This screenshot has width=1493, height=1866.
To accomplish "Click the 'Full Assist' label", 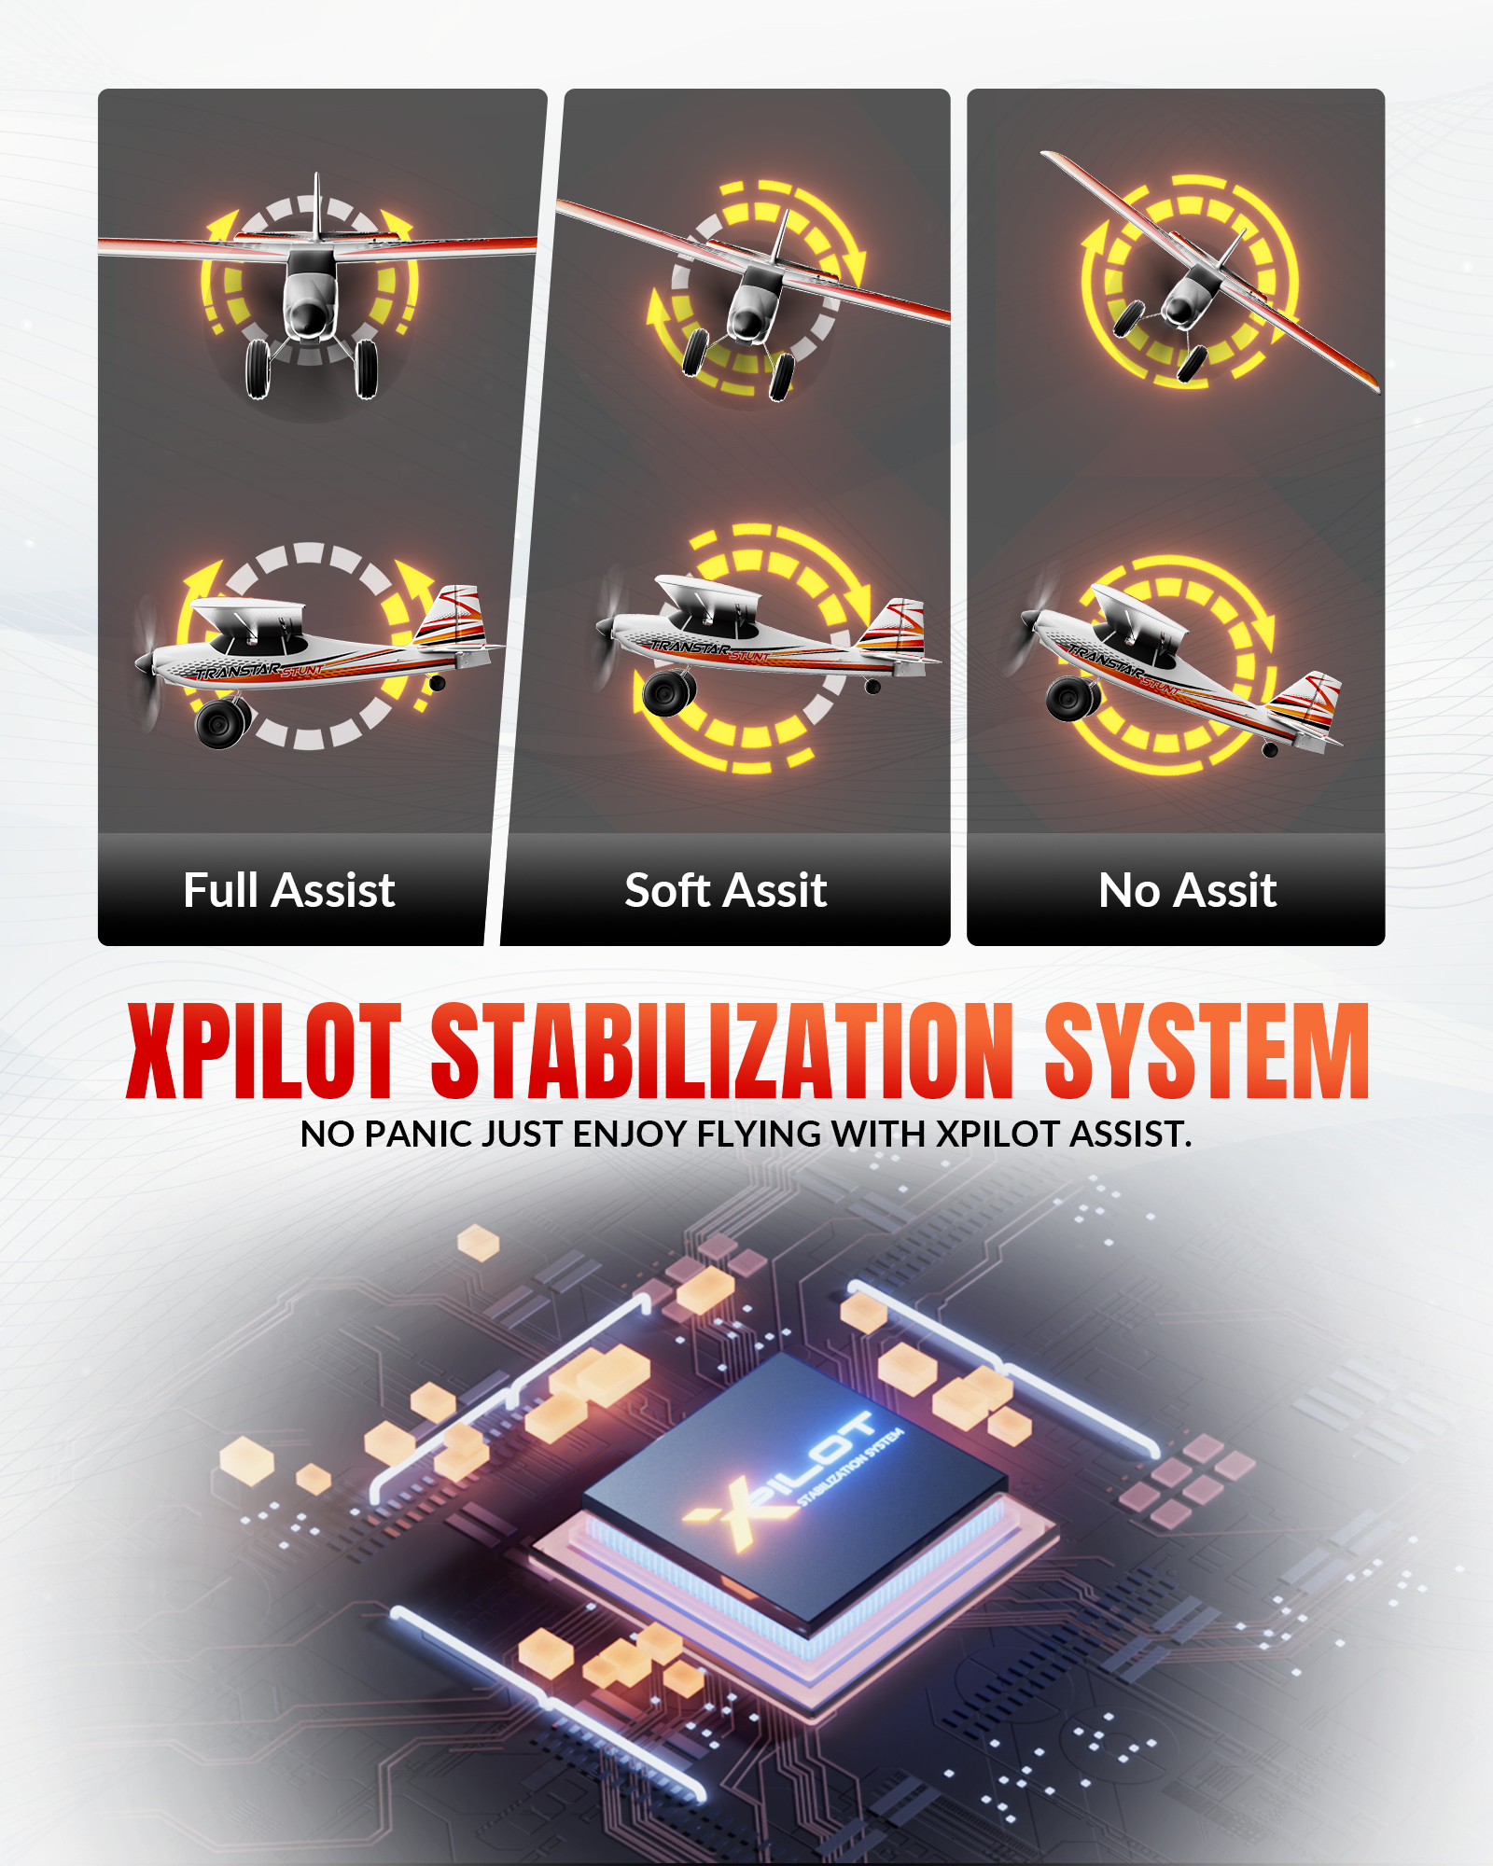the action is pos(289,890).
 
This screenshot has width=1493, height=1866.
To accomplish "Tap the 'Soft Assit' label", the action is pos(726,890).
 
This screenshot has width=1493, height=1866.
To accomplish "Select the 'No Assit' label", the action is pos(1188,890).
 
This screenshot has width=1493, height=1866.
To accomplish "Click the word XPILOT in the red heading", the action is pos(264,1051).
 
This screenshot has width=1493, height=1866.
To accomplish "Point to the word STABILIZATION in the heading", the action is pos(722,1051).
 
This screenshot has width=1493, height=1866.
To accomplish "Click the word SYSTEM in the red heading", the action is pos(1207,1051).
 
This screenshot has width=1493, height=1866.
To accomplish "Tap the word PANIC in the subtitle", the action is pos(417,1135).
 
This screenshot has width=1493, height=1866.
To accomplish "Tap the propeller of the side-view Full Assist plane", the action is pos(147,663).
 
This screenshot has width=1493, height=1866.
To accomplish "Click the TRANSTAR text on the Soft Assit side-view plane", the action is pos(691,648).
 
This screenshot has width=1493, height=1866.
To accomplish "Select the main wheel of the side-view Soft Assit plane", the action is pos(669,691).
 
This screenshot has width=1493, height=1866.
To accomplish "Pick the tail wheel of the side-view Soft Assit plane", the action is pos(872,687).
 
